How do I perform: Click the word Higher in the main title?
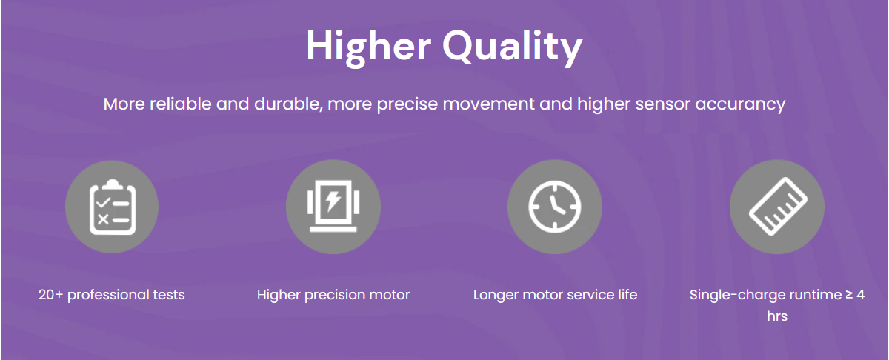click(369, 47)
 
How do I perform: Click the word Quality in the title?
click(513, 47)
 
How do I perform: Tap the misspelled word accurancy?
click(740, 104)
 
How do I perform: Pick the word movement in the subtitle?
click(488, 104)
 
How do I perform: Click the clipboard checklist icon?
click(113, 207)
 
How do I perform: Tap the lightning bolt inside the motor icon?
click(333, 201)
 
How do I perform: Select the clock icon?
click(554, 207)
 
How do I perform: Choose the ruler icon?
click(778, 207)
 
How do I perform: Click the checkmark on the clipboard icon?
click(103, 203)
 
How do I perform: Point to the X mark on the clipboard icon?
click(103, 219)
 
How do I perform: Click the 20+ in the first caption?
click(51, 295)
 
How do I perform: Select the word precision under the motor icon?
click(334, 296)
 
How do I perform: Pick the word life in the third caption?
click(627, 295)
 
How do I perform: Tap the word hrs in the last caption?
click(777, 316)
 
